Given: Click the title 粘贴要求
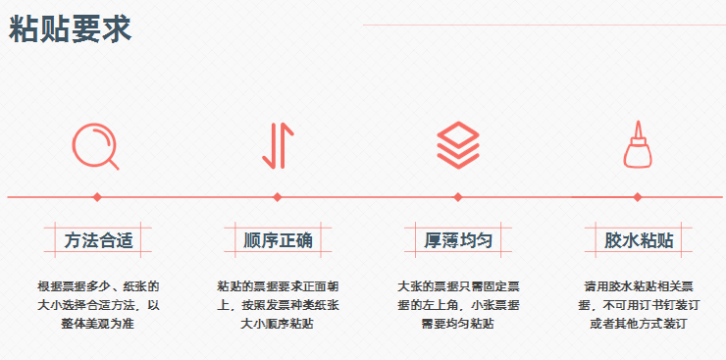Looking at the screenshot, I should pyautogui.click(x=70, y=29).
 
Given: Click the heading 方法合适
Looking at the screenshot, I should pyautogui.click(x=98, y=239).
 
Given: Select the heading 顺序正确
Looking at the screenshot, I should pyautogui.click(x=278, y=239).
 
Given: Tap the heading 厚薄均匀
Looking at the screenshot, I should pyautogui.click(x=458, y=239).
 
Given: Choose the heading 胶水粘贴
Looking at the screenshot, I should pyautogui.click(x=638, y=239).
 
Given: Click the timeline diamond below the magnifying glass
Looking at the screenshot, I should pyautogui.click(x=97, y=197).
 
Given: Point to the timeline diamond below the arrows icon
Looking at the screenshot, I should pyautogui.click(x=278, y=197).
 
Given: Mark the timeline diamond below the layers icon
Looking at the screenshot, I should pyautogui.click(x=458, y=197).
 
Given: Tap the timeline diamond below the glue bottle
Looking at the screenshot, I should pyautogui.click(x=638, y=197).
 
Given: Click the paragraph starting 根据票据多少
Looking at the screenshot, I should pyautogui.click(x=98, y=304).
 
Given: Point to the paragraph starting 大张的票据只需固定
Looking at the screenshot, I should pyautogui.click(x=458, y=304).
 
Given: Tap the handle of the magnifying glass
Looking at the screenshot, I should pyautogui.click(x=113, y=163).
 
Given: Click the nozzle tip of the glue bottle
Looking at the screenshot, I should pyautogui.click(x=638, y=125).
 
